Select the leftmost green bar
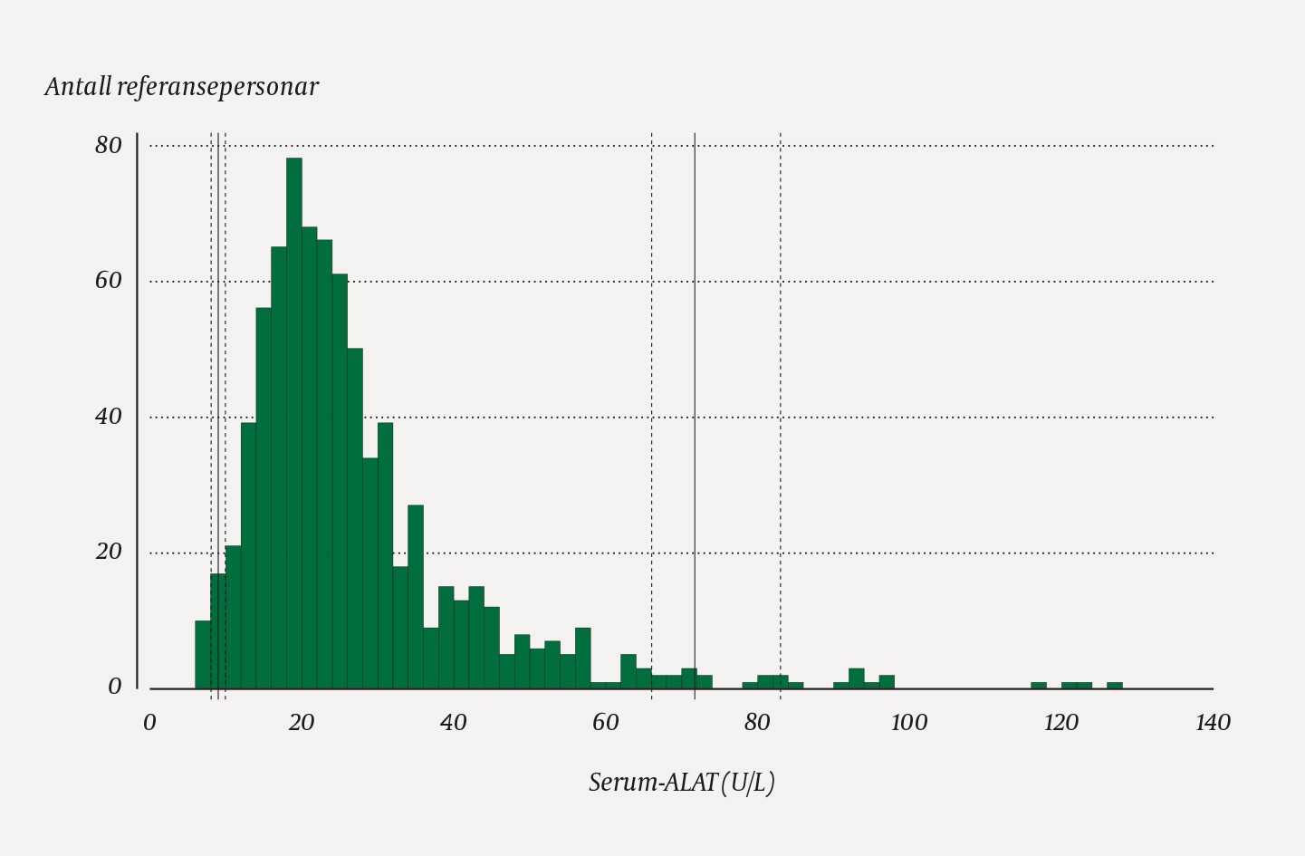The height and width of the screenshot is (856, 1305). pos(203,654)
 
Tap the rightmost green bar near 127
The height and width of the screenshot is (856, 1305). pos(1115,686)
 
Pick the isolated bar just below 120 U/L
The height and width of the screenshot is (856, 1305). pos(1039,686)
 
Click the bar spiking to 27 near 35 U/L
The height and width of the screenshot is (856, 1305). pos(416,598)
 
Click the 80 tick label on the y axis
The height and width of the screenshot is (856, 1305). pos(109,145)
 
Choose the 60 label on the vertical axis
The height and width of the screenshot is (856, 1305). pos(109,281)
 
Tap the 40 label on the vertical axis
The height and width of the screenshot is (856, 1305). pos(109,417)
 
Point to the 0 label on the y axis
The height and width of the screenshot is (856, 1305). pos(115,687)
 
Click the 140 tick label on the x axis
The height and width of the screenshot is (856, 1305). pos(1213,722)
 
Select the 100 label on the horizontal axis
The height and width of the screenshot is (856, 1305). pos(908,722)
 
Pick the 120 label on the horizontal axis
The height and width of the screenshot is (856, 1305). pos(1060,722)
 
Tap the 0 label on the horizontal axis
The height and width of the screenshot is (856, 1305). pos(149,722)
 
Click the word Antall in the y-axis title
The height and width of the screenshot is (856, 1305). pos(78,87)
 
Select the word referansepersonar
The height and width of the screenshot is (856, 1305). pos(217,87)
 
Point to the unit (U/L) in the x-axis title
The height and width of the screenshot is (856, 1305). pos(748,782)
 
